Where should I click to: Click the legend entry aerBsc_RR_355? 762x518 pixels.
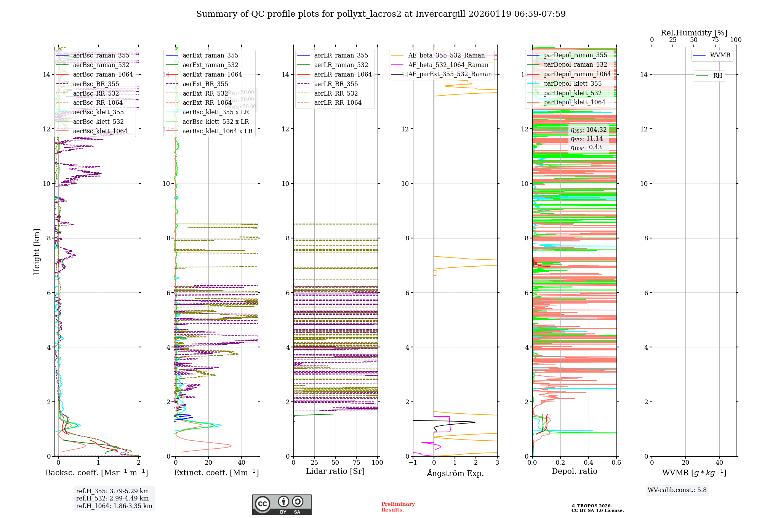96,84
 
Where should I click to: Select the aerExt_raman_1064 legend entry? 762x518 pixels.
212,74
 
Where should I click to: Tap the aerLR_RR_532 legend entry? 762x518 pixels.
336,93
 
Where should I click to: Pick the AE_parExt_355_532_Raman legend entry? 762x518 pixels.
450,74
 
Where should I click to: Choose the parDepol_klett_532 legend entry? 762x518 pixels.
572,93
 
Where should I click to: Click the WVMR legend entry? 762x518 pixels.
720,55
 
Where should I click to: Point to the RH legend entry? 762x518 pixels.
717,76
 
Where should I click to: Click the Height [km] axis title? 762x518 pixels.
37,251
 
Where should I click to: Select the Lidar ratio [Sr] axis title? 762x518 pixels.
335,471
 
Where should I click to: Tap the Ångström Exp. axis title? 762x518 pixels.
455,473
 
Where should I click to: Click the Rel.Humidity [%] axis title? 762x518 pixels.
694,33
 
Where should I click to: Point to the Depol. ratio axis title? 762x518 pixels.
574,471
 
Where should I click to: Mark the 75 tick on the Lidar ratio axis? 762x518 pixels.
357,462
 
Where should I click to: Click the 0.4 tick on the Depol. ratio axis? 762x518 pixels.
588,462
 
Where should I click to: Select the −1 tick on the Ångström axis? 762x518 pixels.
413,462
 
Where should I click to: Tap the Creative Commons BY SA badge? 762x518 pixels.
282,504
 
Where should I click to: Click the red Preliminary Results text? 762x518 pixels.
398,507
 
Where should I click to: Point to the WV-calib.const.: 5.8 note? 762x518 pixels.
677,490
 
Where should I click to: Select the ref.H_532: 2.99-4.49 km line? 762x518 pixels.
112,498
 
